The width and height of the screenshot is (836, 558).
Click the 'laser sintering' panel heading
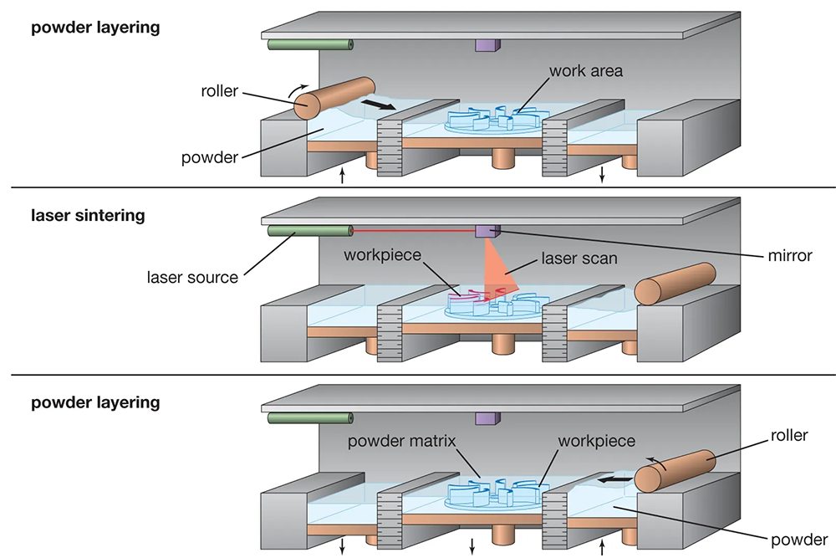(x=88, y=215)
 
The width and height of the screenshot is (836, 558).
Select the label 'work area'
(x=586, y=71)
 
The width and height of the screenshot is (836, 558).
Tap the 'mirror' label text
(x=788, y=255)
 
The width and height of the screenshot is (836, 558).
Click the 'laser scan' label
(x=579, y=259)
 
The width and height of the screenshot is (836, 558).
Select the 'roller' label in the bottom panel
(x=788, y=435)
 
